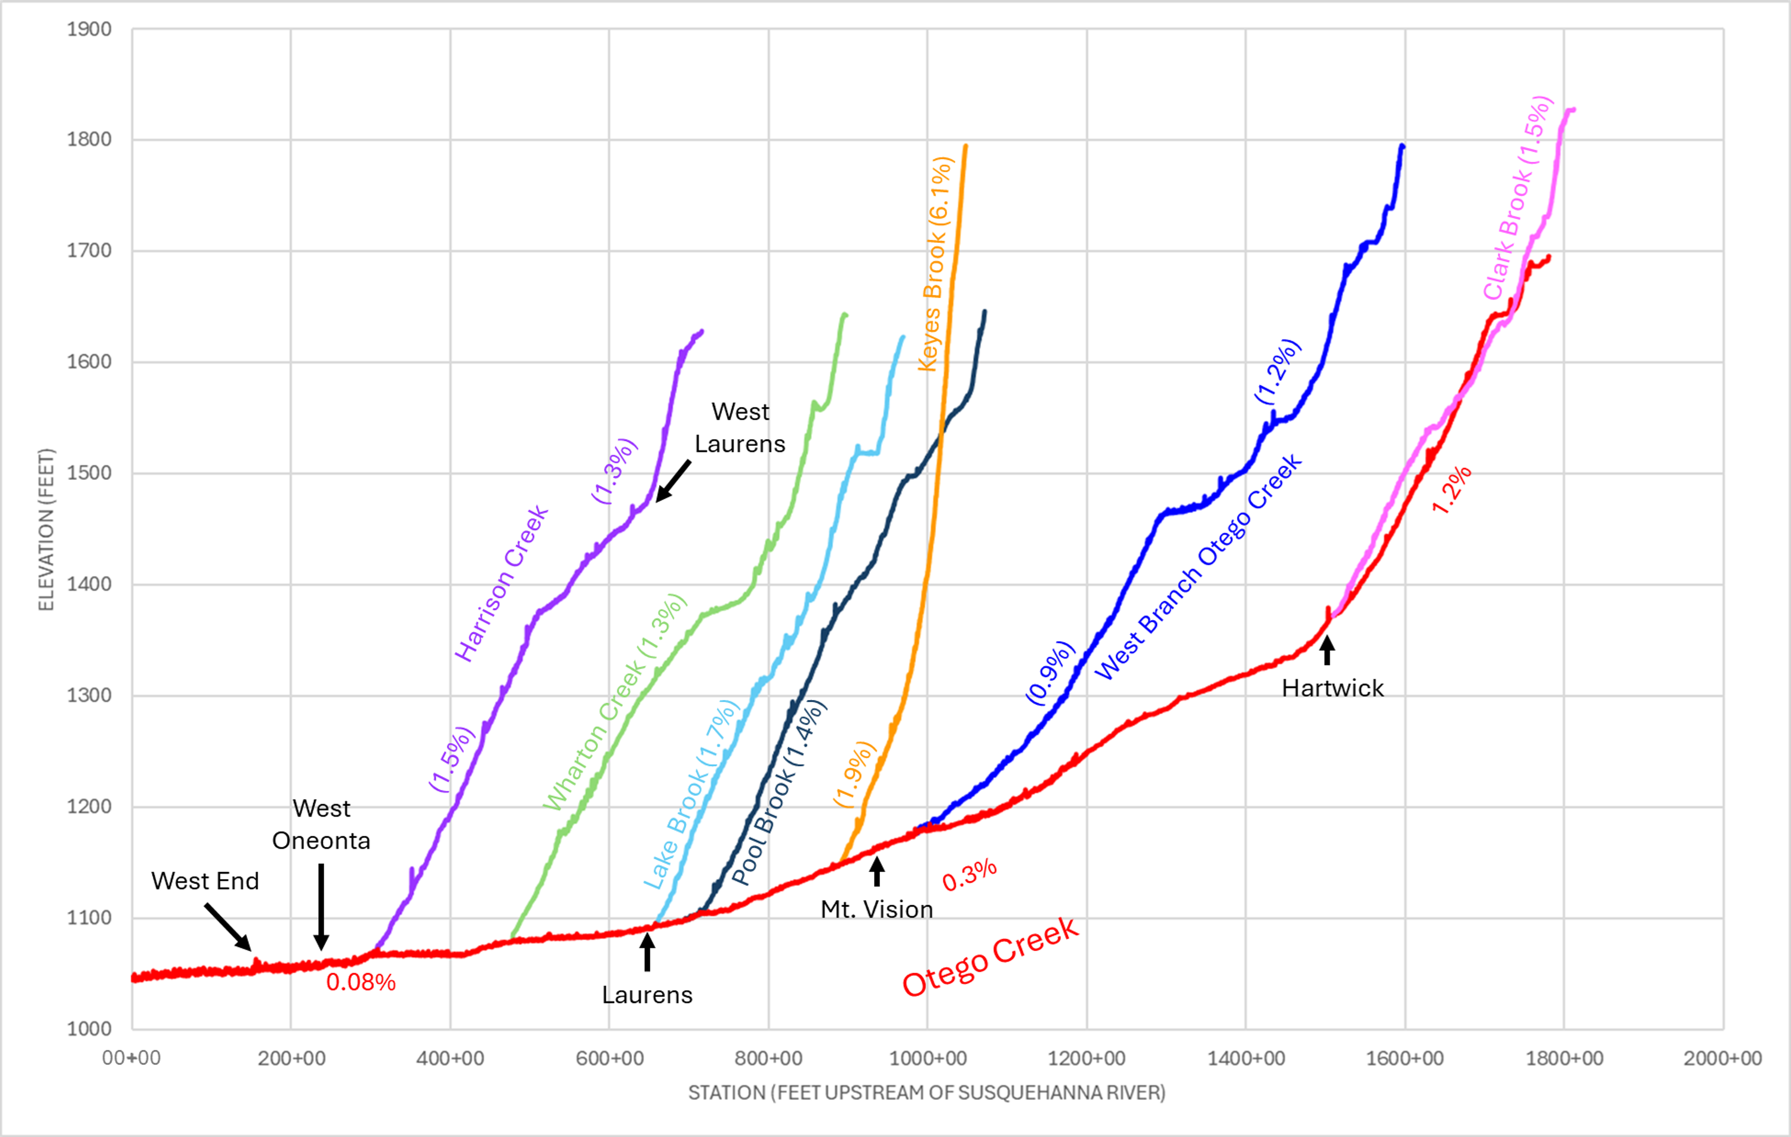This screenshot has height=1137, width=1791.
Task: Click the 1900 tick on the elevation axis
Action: click(90, 30)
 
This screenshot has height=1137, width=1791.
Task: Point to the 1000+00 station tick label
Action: click(928, 1058)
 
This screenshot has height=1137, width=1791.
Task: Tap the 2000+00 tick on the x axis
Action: click(1722, 1058)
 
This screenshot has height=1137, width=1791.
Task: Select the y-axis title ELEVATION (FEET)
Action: click(47, 529)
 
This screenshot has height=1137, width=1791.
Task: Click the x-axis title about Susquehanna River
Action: click(926, 1092)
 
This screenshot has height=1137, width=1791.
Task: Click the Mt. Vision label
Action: click(876, 910)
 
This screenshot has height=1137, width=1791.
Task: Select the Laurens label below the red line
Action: click(647, 995)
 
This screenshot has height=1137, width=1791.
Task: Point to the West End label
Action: click(205, 881)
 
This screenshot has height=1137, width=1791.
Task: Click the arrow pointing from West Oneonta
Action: click(321, 907)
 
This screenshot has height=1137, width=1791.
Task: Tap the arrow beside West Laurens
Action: click(673, 481)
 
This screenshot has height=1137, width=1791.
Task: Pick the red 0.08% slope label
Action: click(361, 982)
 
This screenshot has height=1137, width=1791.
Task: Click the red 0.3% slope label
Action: click(969, 875)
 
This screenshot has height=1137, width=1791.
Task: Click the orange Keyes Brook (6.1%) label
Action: click(935, 263)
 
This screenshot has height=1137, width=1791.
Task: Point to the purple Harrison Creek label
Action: click(501, 584)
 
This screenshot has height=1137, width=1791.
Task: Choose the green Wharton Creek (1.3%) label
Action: click(614, 702)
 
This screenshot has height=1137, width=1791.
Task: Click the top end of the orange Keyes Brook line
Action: click(965, 146)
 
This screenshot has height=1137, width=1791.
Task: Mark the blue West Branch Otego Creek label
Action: click(1198, 566)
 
